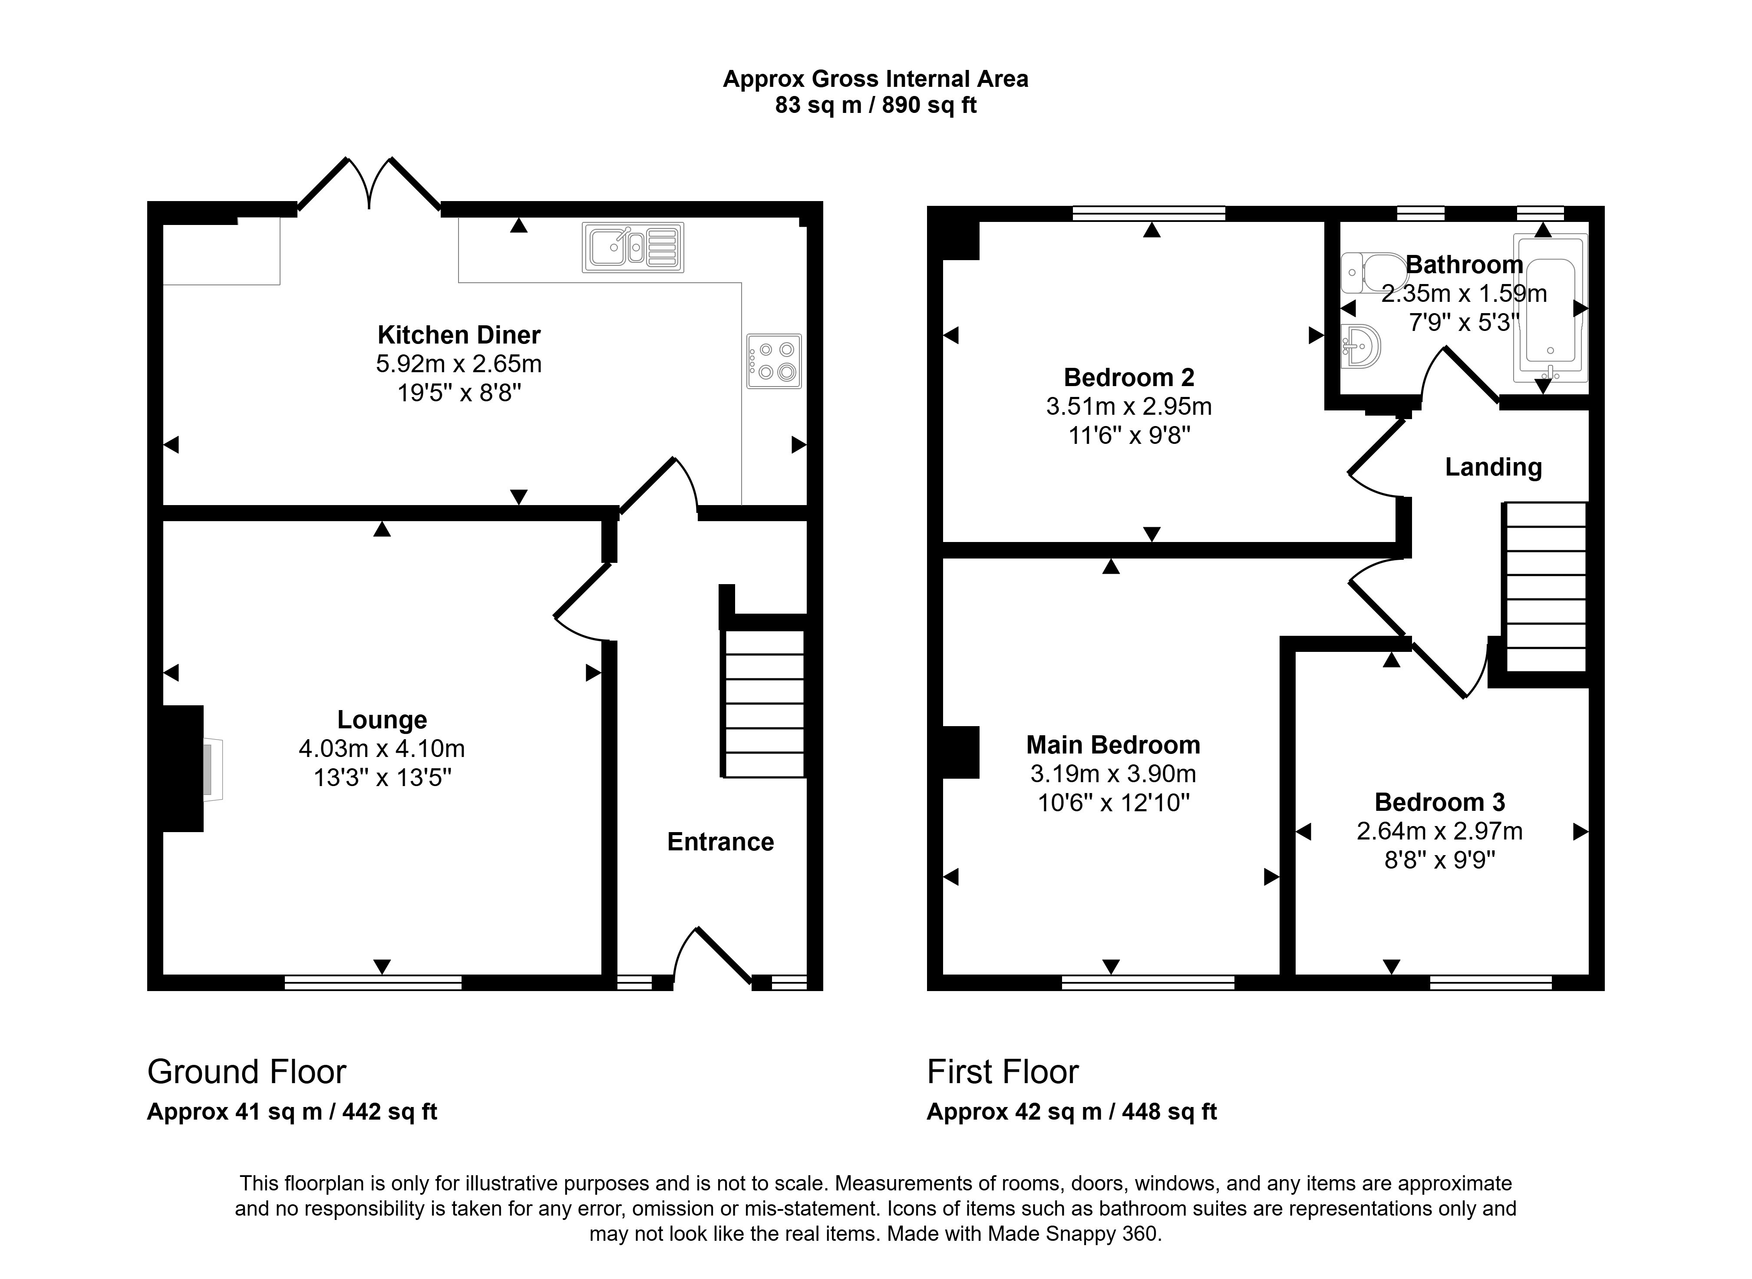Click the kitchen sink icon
click(633, 248)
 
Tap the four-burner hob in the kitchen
click(774, 361)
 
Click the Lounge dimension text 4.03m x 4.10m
click(382, 749)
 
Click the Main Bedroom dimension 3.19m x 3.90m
click(1113, 773)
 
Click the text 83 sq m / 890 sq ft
click(876, 105)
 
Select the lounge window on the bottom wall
click(373, 982)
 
